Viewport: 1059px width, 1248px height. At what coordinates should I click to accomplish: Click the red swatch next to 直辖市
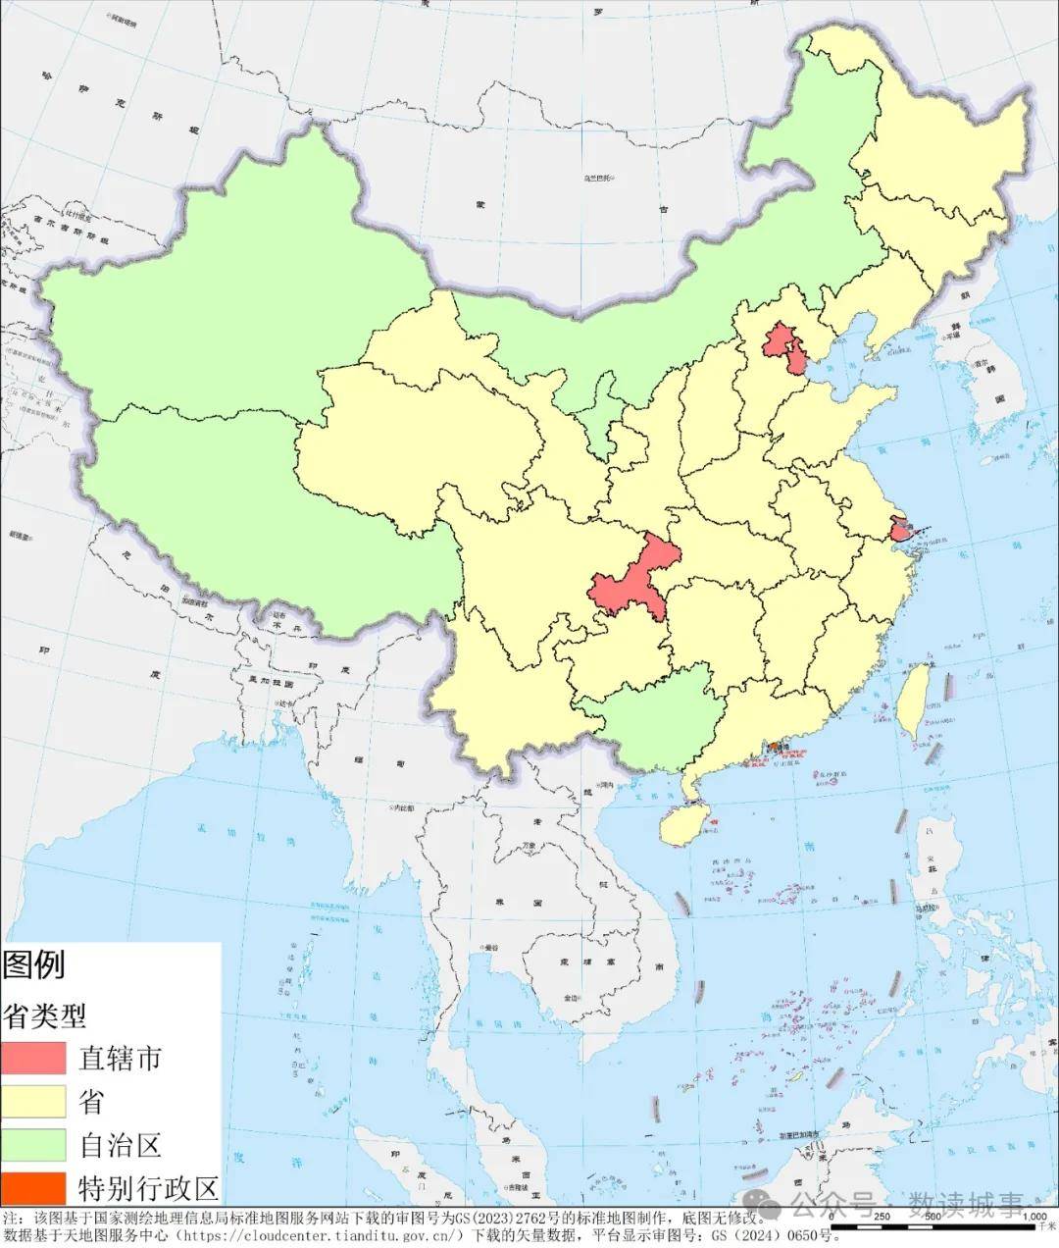(x=33, y=1059)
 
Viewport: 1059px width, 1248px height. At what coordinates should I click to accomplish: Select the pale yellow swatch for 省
(x=33, y=1102)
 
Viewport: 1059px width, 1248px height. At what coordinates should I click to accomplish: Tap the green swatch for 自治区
(x=33, y=1145)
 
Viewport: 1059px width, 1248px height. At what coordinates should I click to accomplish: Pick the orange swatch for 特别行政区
(x=33, y=1187)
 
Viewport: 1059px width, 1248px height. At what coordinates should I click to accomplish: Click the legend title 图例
(x=33, y=964)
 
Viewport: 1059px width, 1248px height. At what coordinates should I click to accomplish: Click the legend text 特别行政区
(x=148, y=1188)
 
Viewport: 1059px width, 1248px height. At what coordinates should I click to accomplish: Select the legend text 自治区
(x=120, y=1145)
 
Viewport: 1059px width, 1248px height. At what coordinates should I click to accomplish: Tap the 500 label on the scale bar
(x=933, y=1217)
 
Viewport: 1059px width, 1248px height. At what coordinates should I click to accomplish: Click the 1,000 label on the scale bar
(x=1034, y=1217)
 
